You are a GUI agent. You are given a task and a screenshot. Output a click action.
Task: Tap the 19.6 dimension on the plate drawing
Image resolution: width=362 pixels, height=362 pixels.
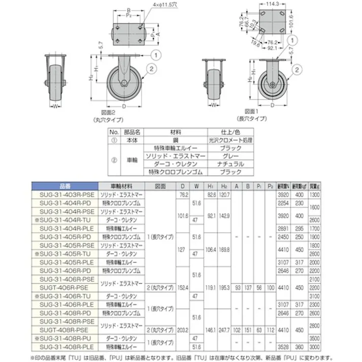(x=253, y=44)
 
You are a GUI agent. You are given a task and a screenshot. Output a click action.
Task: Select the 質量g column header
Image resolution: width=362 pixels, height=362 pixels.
(x=315, y=186)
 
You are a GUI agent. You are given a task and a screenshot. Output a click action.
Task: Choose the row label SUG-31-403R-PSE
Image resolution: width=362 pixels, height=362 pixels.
(x=63, y=194)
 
